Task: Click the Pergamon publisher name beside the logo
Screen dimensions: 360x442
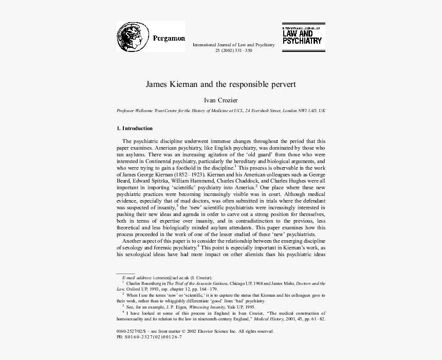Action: [169, 38]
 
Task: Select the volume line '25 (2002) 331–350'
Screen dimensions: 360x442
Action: [233, 51]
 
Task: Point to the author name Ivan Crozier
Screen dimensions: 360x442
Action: [221, 101]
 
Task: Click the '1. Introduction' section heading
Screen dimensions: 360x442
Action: [135, 128]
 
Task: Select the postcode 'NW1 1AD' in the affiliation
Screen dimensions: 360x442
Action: [306, 111]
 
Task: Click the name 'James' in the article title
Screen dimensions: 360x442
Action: [156, 83]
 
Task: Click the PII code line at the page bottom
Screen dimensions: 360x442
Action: [150, 337]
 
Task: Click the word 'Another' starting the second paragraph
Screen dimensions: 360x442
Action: [133, 242]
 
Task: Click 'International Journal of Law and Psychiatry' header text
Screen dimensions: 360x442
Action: [233, 45]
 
